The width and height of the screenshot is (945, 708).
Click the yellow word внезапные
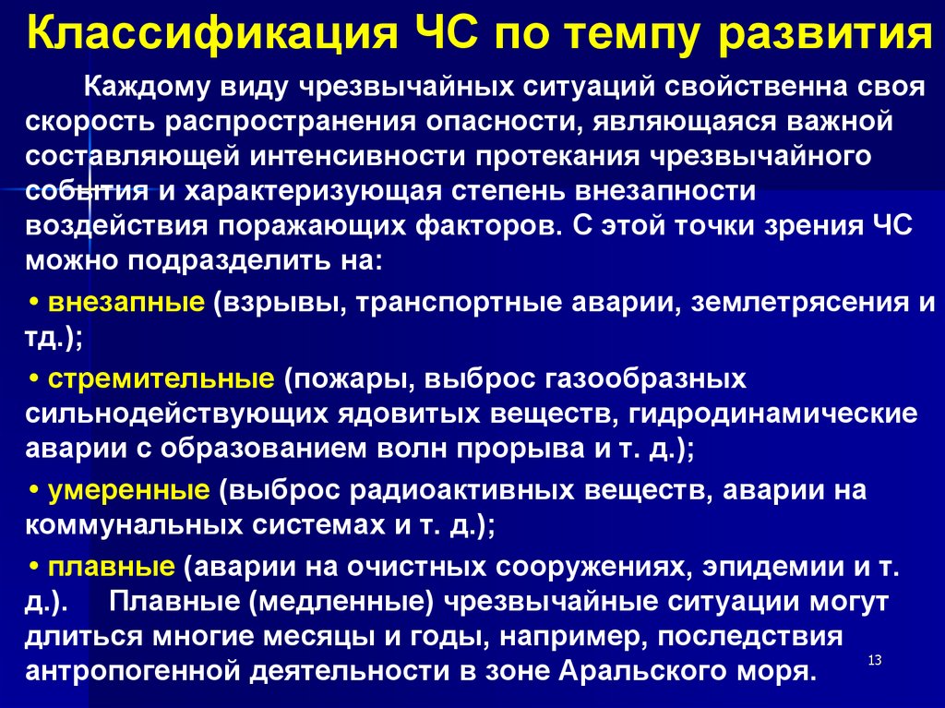tap(127, 303)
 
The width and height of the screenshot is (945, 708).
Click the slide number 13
tap(875, 659)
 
